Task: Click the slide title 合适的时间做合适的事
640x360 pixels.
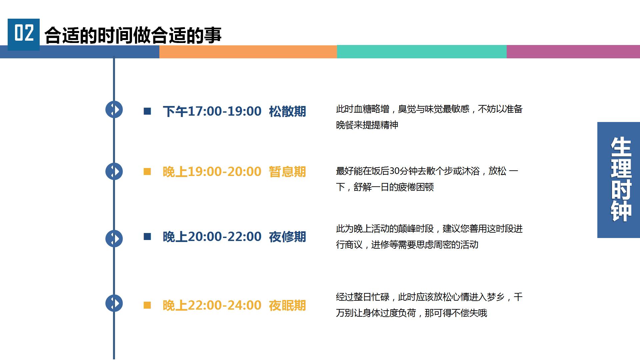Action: click(133, 35)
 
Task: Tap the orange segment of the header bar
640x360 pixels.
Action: click(248, 52)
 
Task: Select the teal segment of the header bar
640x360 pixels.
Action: click(422, 52)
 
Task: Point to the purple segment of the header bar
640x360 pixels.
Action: click(573, 52)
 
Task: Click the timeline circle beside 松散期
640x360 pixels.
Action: click(114, 109)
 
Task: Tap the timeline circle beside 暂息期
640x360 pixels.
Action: click(114, 171)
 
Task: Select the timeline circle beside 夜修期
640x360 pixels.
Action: click(114, 238)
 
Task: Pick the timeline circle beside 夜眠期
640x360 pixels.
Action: click(114, 303)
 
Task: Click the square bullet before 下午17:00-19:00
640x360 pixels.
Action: click(147, 111)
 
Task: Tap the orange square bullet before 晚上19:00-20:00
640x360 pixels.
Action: click(147, 171)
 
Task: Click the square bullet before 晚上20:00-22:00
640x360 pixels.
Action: click(147, 236)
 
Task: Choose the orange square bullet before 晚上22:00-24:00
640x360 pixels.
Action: click(147, 305)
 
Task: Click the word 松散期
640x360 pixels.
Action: click(287, 111)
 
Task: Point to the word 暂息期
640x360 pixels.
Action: click(287, 172)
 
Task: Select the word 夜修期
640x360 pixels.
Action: click(287, 237)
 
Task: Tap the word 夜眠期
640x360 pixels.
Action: click(287, 305)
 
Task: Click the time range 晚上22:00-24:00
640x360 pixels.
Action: click(212, 305)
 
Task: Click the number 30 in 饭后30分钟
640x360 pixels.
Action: click(394, 171)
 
